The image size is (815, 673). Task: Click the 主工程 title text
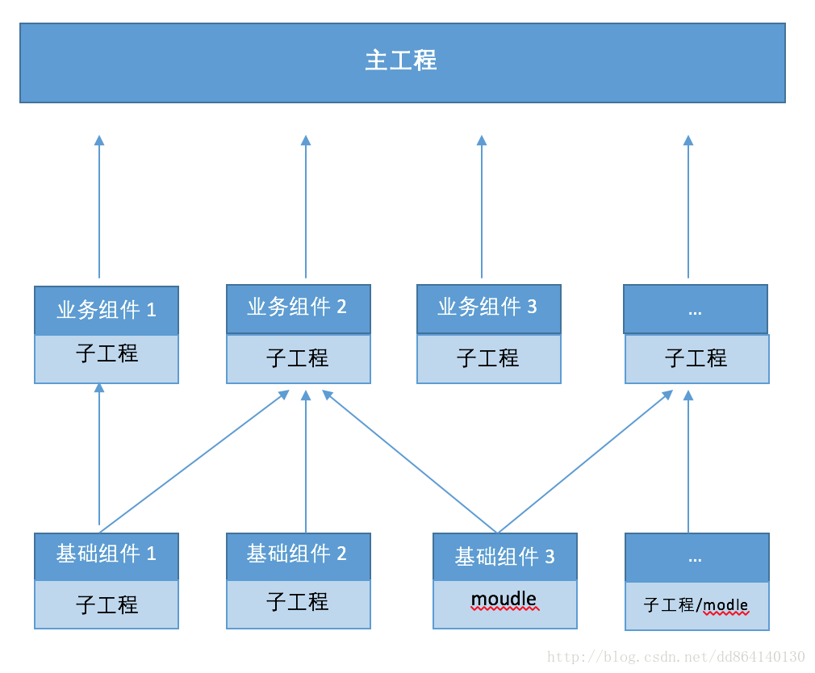tap(401, 61)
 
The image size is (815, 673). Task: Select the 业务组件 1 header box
tap(107, 311)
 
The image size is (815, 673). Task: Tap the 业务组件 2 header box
tap(298, 308)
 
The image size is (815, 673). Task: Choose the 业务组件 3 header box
tap(488, 308)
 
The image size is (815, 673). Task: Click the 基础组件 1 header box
tap(107, 556)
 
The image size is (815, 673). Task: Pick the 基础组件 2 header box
tap(298, 556)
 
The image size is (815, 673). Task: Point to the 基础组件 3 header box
tap(505, 556)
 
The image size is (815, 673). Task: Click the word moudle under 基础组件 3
tap(504, 600)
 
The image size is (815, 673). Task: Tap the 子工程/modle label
tap(696, 605)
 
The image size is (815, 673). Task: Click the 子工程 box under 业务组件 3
tap(488, 358)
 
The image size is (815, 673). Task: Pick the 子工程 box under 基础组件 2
tap(298, 603)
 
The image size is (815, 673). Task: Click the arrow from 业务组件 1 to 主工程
tap(99, 207)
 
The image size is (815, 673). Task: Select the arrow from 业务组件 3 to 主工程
tap(482, 207)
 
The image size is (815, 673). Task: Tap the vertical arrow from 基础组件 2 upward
tap(306, 460)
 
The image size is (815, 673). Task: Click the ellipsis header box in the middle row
tap(695, 309)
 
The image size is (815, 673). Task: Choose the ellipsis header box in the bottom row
tap(696, 557)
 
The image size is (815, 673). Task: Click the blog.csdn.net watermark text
tap(675, 657)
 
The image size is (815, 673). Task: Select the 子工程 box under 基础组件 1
tap(107, 604)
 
